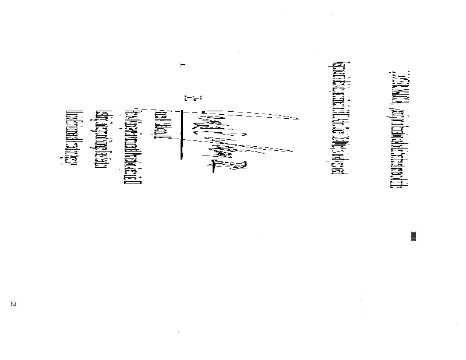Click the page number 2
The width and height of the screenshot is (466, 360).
[12, 304]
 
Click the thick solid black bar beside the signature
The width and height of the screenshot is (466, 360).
[182, 134]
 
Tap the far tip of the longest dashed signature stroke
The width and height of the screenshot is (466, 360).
[298, 119]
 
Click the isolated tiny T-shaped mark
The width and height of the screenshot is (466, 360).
[183, 65]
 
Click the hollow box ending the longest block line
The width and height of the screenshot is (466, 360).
[133, 183]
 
